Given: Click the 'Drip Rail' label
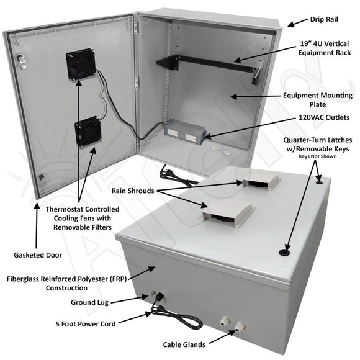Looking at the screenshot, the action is tap(324, 19).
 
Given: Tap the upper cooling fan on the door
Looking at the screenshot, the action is tap(81, 64).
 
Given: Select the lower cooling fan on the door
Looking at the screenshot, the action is tap(88, 132).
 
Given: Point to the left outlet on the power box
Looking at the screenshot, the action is tap(173, 132).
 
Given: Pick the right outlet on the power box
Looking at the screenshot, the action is tap(191, 138).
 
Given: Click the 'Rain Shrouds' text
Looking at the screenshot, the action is tap(133, 191).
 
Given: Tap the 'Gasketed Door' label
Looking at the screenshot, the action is tap(38, 255).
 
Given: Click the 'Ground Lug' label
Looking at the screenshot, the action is tap(89, 302).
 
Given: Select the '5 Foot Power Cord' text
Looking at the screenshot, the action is tap(86, 324).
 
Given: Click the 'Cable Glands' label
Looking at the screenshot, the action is tap(184, 344).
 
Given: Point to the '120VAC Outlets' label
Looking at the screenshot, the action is tap(324, 117).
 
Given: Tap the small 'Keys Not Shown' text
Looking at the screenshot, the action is tap(318, 156).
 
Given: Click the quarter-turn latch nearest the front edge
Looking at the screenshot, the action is tap(284, 253).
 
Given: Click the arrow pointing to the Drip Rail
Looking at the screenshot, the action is tap(297, 23).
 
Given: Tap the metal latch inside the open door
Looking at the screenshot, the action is tap(21, 60).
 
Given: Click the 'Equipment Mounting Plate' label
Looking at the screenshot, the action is tap(318, 100).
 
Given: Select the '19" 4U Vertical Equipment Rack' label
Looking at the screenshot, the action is tap(325, 48).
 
